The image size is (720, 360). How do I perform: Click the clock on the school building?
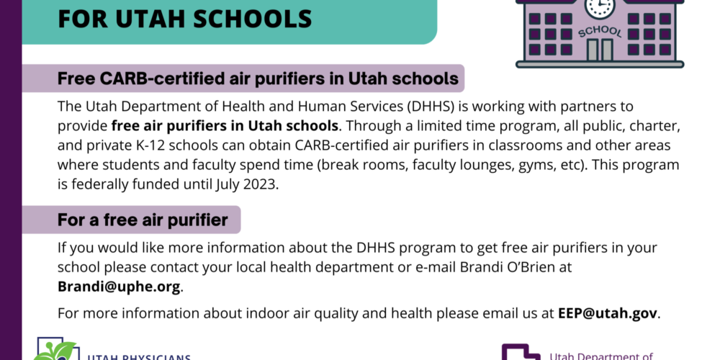point(600,8)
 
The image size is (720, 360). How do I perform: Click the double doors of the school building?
point(600,50)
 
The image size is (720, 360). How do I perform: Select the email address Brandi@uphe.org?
point(119,287)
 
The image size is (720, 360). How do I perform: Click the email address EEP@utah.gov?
point(608,313)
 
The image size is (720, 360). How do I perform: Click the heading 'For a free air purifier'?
point(143,220)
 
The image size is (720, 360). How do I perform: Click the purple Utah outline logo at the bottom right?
point(521,352)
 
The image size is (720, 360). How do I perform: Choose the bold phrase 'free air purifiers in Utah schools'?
point(225,126)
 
